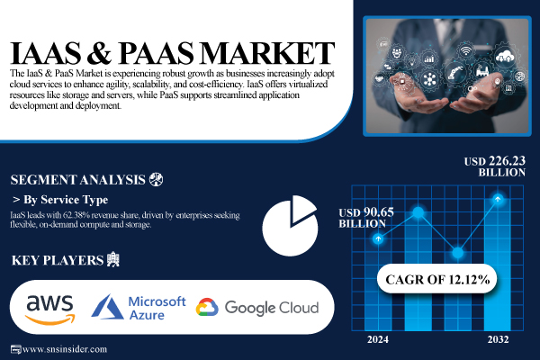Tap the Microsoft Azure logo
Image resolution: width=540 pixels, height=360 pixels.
(139, 308)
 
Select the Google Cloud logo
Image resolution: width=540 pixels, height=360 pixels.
(257, 308)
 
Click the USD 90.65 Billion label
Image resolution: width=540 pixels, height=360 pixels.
(365, 217)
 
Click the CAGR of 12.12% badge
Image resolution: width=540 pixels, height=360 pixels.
(439, 279)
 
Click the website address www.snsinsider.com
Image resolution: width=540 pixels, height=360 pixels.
(64, 349)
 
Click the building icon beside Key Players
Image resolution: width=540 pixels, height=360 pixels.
(112, 260)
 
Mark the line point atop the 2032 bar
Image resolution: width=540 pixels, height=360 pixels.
(498, 199)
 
